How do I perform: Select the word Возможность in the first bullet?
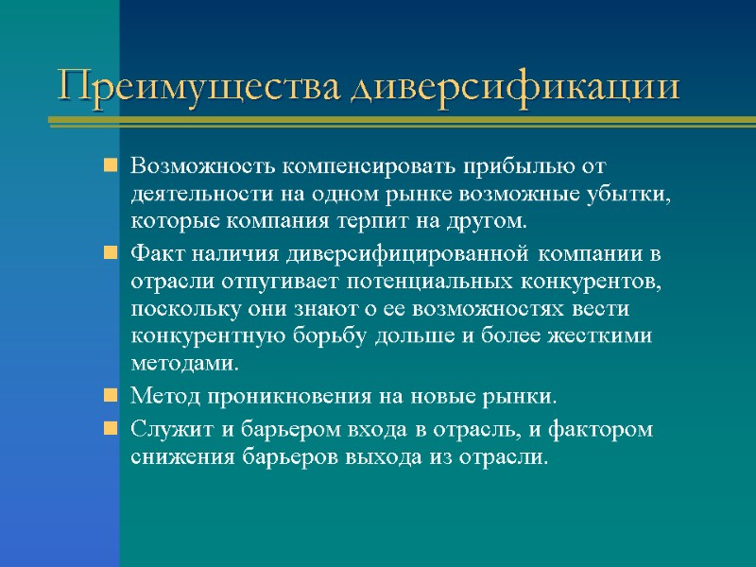click(192, 167)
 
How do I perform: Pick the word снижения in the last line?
click(171, 457)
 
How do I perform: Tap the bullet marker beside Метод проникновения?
click(111, 396)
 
